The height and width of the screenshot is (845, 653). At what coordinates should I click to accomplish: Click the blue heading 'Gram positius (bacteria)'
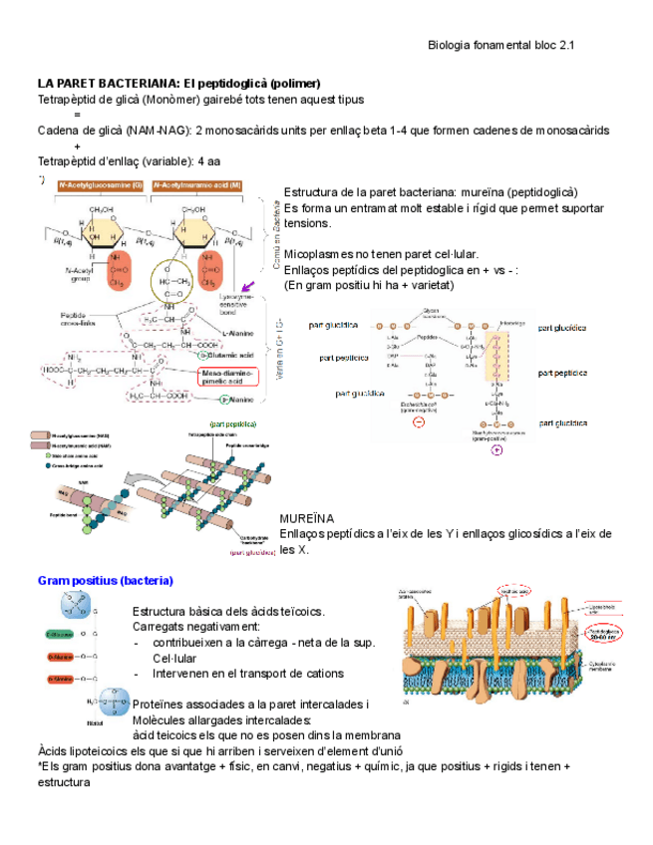[x=105, y=580]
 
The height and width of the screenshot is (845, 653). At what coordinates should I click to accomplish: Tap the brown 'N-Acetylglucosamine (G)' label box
[x=101, y=185]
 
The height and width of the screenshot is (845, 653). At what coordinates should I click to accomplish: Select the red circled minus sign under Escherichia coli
[x=419, y=422]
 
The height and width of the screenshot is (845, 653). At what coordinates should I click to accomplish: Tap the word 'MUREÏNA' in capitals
[x=307, y=519]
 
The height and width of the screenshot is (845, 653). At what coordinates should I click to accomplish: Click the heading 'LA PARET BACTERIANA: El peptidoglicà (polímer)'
[x=178, y=83]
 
